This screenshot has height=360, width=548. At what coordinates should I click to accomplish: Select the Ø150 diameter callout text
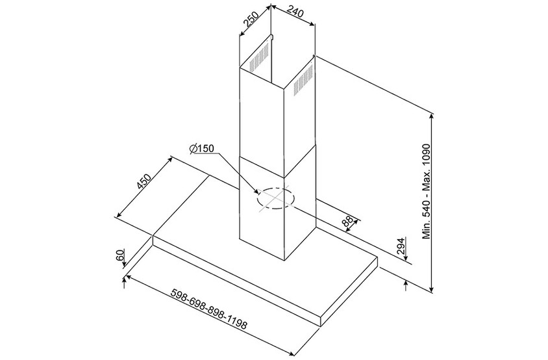point(202,149)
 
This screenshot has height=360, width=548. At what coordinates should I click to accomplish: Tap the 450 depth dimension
point(144,183)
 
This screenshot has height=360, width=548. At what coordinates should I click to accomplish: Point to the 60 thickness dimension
point(119,256)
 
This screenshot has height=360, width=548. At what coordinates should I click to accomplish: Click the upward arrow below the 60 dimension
point(123,281)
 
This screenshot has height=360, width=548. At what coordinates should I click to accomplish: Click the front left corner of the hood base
point(153,240)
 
